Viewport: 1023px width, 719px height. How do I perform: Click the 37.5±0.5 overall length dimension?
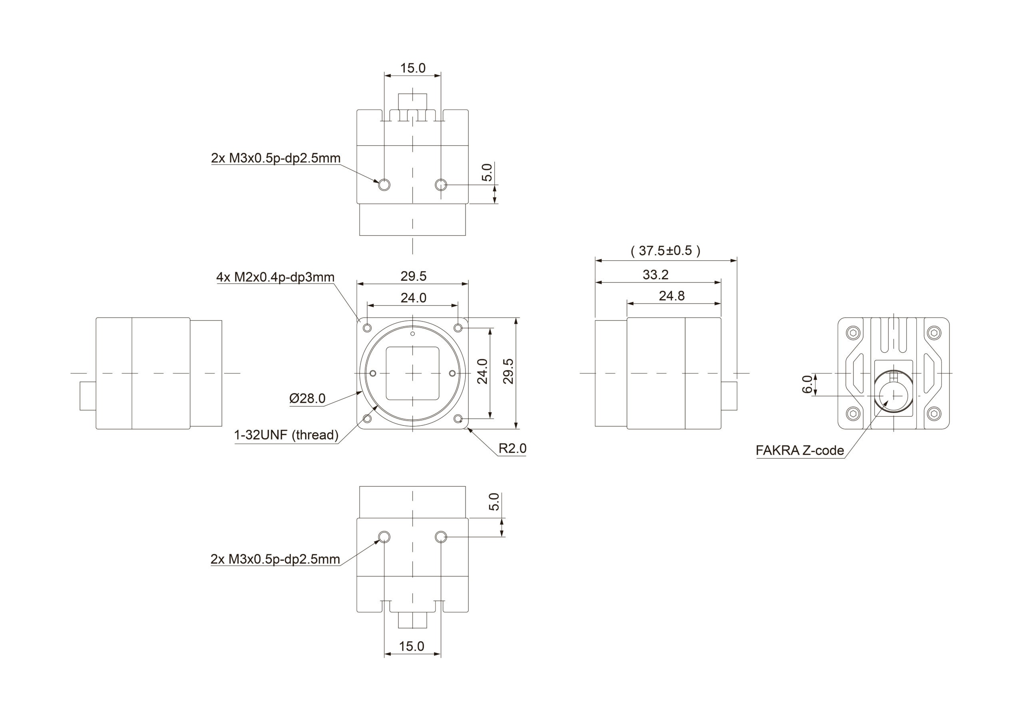[665, 251]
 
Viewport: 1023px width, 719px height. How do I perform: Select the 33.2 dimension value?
[655, 275]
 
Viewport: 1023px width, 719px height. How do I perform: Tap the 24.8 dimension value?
[671, 296]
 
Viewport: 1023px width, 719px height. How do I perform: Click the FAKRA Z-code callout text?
[799, 451]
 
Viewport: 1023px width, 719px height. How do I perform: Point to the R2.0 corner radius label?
[512, 449]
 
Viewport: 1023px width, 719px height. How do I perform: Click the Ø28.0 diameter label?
[307, 398]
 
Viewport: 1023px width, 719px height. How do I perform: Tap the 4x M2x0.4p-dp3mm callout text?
[275, 278]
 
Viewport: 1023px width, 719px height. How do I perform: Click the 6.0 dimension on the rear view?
[807, 384]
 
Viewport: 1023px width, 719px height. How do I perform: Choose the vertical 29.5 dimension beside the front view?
[508, 371]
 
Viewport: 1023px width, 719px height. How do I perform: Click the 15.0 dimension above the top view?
[412, 68]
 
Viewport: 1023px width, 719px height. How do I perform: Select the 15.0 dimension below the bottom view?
[412, 646]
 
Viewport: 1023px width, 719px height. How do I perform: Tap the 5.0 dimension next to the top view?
[488, 173]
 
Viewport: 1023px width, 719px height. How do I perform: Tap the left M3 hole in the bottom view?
[384, 537]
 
